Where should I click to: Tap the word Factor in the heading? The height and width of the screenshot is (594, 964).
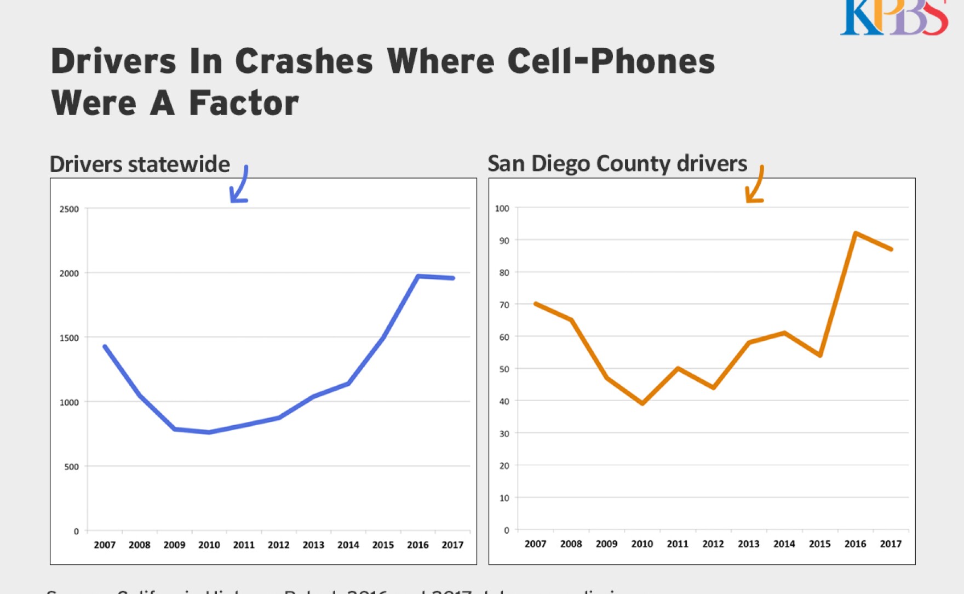pyautogui.click(x=244, y=103)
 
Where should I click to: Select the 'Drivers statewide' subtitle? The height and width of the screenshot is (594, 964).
pyautogui.click(x=140, y=164)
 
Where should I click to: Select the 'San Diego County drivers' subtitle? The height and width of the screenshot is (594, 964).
pyautogui.click(x=617, y=163)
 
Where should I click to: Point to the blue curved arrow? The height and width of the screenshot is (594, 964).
pyautogui.click(x=240, y=185)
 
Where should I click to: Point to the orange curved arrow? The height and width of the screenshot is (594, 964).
pyautogui.click(x=755, y=185)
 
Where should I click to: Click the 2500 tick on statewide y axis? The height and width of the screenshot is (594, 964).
pyautogui.click(x=69, y=209)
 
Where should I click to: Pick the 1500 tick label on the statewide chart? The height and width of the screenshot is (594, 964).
pyautogui.click(x=69, y=338)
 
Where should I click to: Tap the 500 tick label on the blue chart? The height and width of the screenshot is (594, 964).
pyautogui.click(x=71, y=467)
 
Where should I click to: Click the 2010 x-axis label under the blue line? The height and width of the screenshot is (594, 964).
pyautogui.click(x=209, y=545)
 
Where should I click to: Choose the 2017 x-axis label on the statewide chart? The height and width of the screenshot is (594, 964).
pyautogui.click(x=452, y=545)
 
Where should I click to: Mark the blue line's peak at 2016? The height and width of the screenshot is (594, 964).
pyautogui.click(x=418, y=276)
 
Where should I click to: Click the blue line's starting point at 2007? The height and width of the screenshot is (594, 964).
pyautogui.click(x=105, y=346)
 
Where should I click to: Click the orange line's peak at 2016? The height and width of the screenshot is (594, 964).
pyautogui.click(x=856, y=233)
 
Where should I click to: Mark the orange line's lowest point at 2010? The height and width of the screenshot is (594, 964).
pyautogui.click(x=642, y=403)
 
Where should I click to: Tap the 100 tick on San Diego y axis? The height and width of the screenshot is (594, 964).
pyautogui.click(x=502, y=208)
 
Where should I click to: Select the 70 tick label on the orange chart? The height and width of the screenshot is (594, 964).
pyautogui.click(x=504, y=305)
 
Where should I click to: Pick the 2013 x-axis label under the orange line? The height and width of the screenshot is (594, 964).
pyautogui.click(x=748, y=544)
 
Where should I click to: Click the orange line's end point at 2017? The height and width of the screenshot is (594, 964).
pyautogui.click(x=891, y=249)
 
